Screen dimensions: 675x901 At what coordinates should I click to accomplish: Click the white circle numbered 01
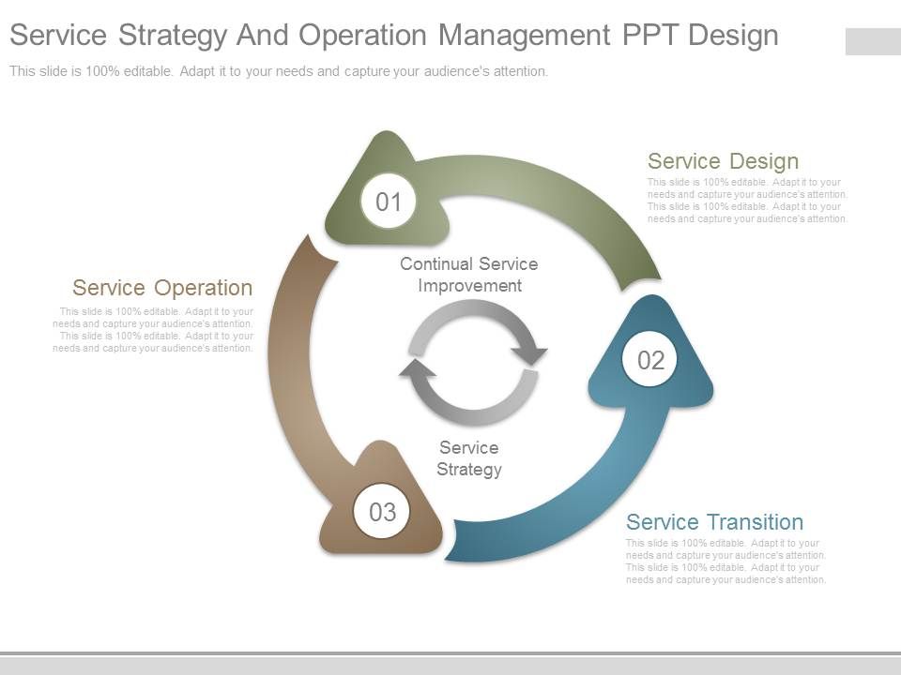coord(389,202)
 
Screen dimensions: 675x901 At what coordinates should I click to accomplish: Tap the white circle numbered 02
coord(650,360)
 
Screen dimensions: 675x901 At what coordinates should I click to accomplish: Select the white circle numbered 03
coord(382,512)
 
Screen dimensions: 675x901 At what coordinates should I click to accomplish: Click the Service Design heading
coord(723,161)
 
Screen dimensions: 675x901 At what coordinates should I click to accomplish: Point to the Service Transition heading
coord(714,522)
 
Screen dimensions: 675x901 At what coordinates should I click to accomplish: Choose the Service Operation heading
coord(162,288)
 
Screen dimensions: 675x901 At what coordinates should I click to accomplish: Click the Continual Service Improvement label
coord(468,275)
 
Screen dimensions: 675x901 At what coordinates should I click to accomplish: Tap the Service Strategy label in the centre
coord(469,458)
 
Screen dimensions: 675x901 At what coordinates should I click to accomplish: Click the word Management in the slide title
coord(525,35)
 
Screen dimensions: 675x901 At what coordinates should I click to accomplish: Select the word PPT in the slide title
coord(650,35)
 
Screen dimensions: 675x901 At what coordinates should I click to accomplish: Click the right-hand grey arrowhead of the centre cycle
coord(529,354)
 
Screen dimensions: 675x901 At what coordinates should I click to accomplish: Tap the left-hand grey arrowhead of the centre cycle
coord(418,368)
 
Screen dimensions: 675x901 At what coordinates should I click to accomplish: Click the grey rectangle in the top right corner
coord(873,41)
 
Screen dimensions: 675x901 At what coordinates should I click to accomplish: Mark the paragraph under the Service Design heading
coord(747,201)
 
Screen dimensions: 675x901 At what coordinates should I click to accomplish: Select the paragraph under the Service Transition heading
coord(725,562)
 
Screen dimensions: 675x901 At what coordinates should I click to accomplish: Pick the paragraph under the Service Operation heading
coord(153,329)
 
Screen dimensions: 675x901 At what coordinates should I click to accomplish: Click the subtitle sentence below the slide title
coord(279,71)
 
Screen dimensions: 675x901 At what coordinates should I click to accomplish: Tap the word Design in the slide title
coord(733,35)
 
